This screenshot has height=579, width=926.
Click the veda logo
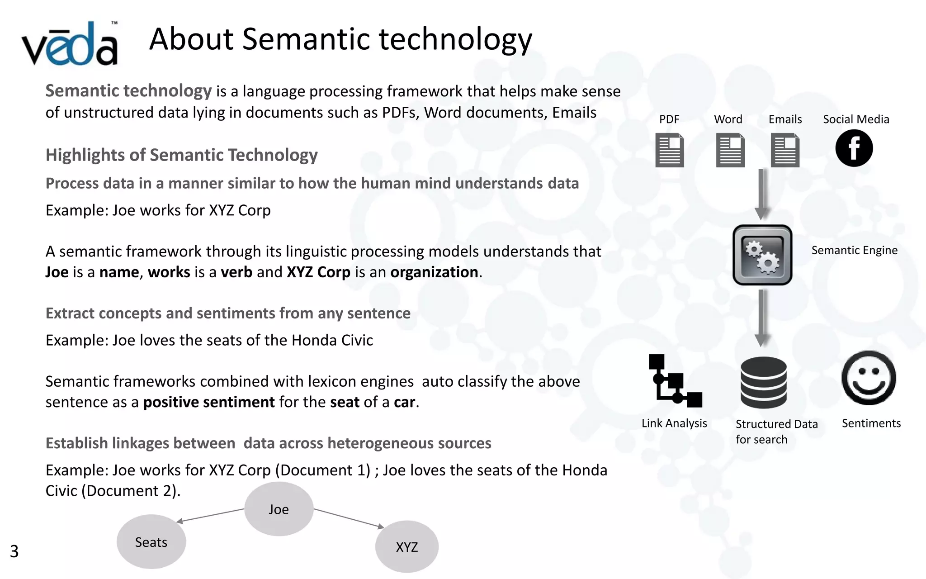pos(70,44)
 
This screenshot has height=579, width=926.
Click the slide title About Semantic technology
pos(340,39)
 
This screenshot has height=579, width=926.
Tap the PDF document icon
pos(669,150)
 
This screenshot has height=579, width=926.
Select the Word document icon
pos(730,150)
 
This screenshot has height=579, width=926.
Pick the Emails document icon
pos(785,150)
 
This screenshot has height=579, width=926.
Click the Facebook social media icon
pos(854,148)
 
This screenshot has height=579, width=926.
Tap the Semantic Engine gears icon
pos(762,255)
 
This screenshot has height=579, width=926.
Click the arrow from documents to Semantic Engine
pos(762,194)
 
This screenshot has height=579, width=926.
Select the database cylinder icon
pos(763,382)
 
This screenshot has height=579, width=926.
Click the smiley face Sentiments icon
pos(869,378)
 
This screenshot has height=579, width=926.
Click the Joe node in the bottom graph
pos(279,509)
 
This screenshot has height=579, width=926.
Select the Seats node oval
pos(151,542)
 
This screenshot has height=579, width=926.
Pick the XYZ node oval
pos(406,547)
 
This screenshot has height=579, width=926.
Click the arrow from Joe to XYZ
pos(349,518)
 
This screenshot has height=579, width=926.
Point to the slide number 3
pos(14,551)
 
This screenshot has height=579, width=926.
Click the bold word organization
pos(434,272)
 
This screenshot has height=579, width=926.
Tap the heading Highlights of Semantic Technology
pos(181,155)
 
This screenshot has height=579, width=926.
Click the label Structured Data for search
pos(776,432)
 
